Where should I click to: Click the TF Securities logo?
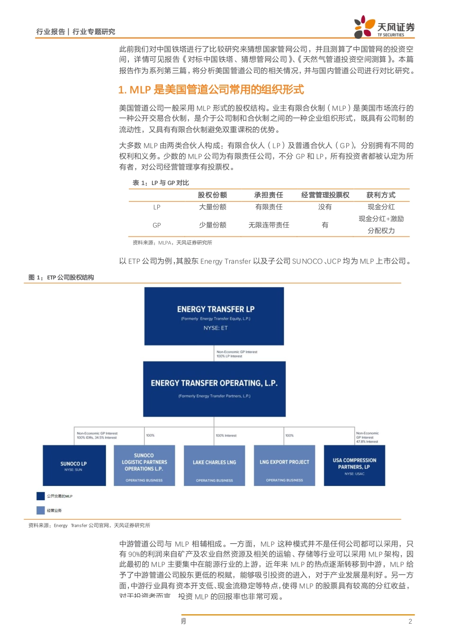[x=384, y=27]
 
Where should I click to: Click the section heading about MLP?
[x=211, y=90]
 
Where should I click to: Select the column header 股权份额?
[x=212, y=195]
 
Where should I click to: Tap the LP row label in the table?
[x=157, y=207]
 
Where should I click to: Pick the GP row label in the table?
[x=157, y=225]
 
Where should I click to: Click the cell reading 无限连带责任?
[x=269, y=225]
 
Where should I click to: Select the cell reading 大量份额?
[x=212, y=207]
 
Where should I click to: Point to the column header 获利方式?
[x=381, y=195]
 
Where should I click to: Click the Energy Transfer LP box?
[x=214, y=316]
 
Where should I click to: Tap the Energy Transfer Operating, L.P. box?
[x=214, y=389]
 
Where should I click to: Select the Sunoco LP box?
[x=74, y=465]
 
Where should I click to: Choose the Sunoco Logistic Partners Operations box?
[x=144, y=465]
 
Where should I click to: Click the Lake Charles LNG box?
[x=214, y=465]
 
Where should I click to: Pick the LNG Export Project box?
[x=284, y=465]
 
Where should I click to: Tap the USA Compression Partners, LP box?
[x=354, y=465]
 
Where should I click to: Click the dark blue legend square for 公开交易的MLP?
[x=41, y=496]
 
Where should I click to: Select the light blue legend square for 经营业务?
[x=41, y=510]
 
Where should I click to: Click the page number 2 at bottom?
[x=410, y=621]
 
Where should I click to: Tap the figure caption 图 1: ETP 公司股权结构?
[x=61, y=277]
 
